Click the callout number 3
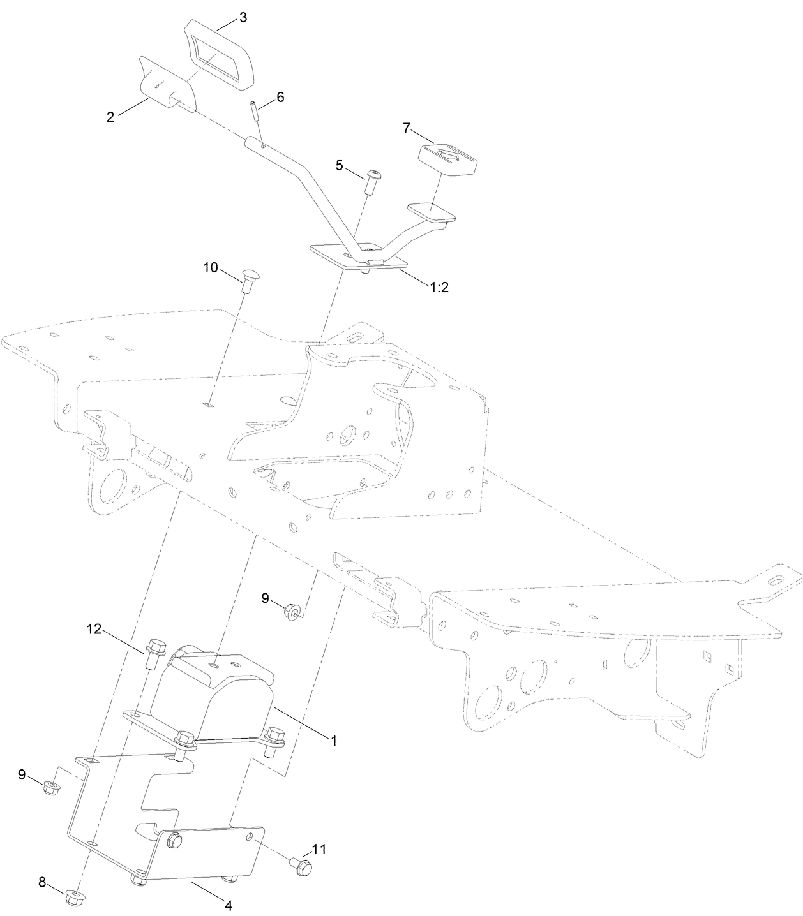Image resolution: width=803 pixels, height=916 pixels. [243, 18]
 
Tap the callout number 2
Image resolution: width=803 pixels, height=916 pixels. [110, 117]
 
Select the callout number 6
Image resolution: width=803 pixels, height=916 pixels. [280, 97]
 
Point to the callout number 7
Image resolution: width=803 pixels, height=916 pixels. [406, 128]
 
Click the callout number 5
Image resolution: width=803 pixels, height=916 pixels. [340, 165]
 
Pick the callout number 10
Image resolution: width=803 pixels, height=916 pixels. [211, 268]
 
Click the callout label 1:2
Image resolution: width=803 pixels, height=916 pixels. [439, 287]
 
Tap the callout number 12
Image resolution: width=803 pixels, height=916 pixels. [94, 630]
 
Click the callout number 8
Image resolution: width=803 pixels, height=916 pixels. [42, 882]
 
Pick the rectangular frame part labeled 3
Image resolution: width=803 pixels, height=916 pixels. [218, 55]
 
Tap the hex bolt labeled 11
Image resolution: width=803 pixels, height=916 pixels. [301, 866]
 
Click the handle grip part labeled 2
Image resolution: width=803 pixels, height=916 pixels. [166, 84]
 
